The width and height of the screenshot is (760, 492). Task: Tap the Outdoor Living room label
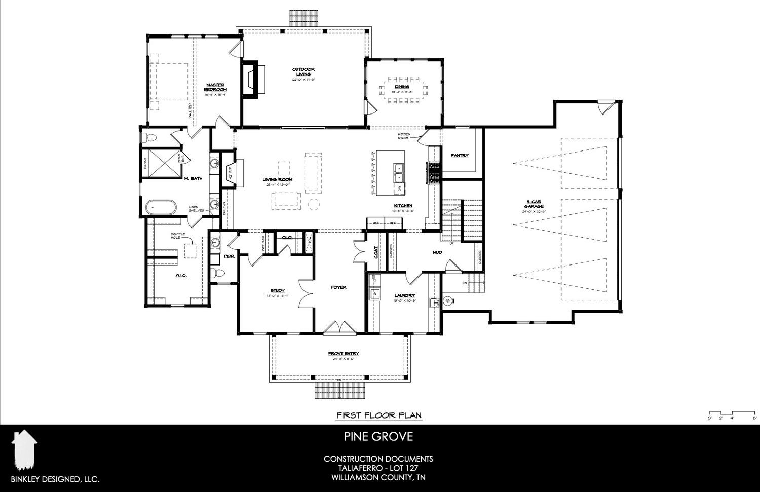click(x=303, y=72)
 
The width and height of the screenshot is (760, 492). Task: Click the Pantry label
click(x=460, y=156)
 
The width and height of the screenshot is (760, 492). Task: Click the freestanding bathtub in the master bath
click(x=161, y=207)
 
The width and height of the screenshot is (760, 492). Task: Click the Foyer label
click(x=338, y=287)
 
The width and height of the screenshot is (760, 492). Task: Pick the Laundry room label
click(x=405, y=295)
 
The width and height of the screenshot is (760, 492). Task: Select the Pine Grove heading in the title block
click(x=379, y=436)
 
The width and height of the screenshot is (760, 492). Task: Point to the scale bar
click(x=732, y=412)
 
